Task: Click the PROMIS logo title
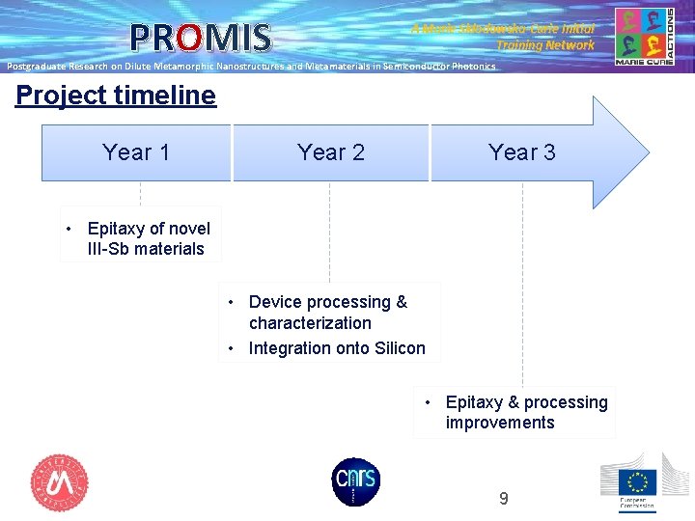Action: pos(201,38)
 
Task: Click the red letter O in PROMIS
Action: pos(189,38)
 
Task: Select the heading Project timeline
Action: pos(116,96)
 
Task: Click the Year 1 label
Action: pos(136,152)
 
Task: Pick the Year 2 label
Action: pos(331,152)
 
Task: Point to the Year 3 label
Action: pos(521,152)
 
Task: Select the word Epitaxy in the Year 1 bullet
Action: pos(117,229)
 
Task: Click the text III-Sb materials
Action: pos(146,249)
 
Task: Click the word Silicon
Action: pos(396,348)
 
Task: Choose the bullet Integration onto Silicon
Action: pos(336,348)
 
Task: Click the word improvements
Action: pos(500,423)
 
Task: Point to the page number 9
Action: pos(503,499)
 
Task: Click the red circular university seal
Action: pos(60,482)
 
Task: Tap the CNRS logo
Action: pos(355,481)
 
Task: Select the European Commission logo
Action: pos(637,482)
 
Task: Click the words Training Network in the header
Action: pos(545,45)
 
